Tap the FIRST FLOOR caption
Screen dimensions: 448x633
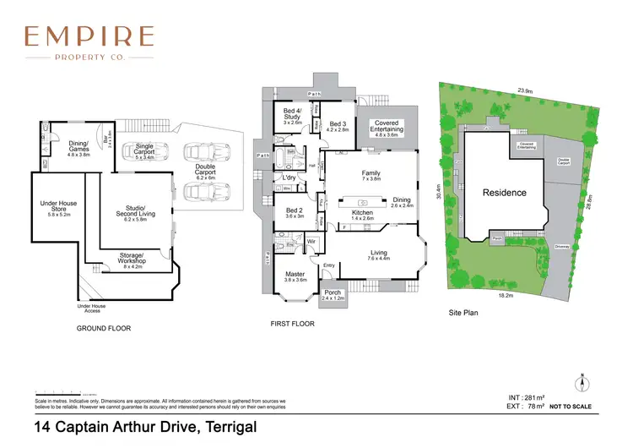292,323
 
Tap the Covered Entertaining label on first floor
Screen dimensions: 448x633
386,128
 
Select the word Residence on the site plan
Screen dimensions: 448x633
504,193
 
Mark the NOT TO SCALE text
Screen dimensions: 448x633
571,407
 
